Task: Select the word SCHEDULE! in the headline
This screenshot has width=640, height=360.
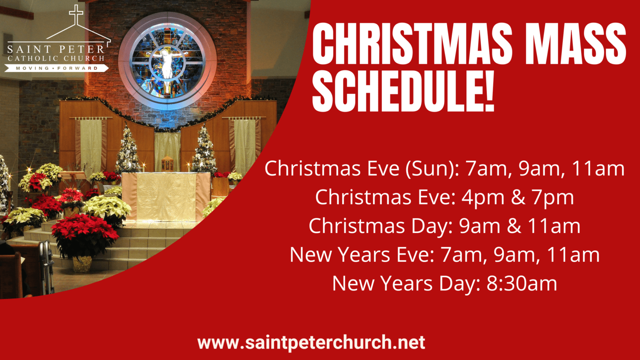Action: click(403, 91)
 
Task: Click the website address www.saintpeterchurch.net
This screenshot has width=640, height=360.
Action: click(311, 343)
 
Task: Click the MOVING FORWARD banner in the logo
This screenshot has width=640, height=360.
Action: click(57, 68)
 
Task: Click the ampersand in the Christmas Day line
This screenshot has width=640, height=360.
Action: click(514, 226)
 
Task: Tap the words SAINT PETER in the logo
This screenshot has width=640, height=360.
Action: click(56, 50)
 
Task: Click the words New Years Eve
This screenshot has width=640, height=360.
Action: click(361, 255)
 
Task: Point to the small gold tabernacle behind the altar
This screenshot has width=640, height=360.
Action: click(167, 164)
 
